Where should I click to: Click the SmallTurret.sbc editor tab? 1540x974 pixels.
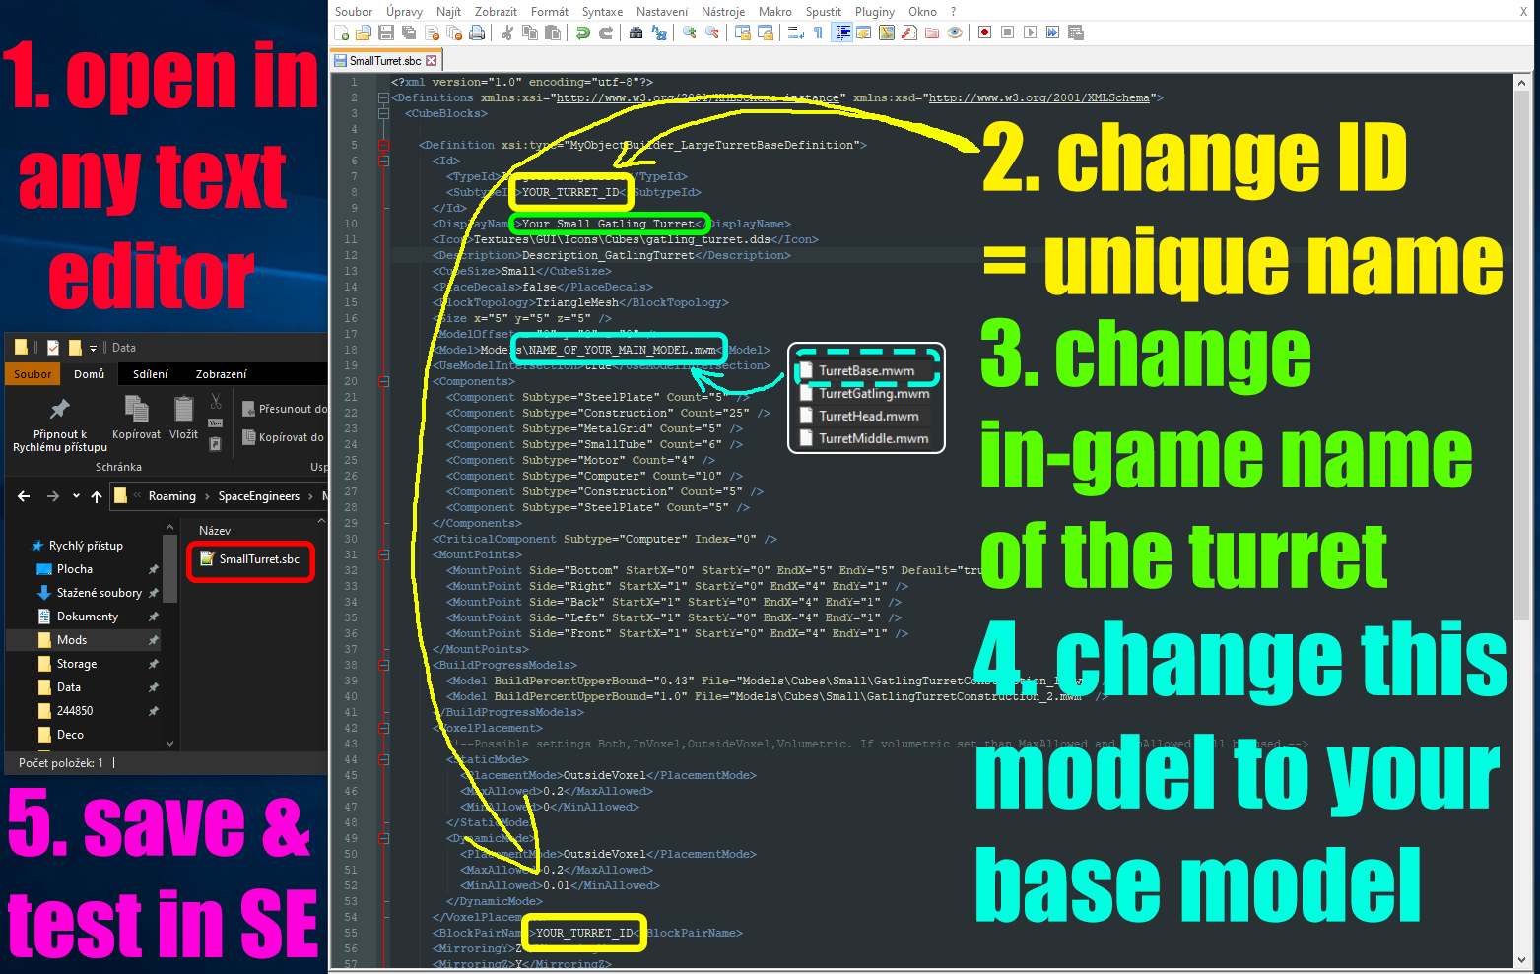(385, 61)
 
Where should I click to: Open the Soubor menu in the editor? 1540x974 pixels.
(354, 12)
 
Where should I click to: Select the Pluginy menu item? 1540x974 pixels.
(874, 12)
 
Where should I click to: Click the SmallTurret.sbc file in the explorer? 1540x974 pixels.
(259, 559)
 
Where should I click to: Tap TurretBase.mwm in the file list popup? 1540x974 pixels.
(866, 371)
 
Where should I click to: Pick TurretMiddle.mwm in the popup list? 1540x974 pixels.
(873, 439)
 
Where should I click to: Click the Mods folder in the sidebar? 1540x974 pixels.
(72, 640)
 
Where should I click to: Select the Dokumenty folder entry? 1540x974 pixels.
(87, 617)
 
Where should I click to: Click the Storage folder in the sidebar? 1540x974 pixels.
(77, 664)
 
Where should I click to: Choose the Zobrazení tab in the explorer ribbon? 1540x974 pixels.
(221, 374)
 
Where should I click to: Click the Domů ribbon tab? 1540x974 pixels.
(89, 374)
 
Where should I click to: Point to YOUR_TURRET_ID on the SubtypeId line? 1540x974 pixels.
(570, 192)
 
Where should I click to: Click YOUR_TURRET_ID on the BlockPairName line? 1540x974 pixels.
(584, 933)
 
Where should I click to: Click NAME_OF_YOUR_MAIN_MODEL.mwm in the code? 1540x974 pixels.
(622, 350)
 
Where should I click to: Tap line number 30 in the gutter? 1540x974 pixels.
(351, 539)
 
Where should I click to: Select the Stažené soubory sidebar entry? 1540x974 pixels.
(99, 593)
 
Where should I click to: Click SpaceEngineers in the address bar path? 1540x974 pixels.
(258, 496)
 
